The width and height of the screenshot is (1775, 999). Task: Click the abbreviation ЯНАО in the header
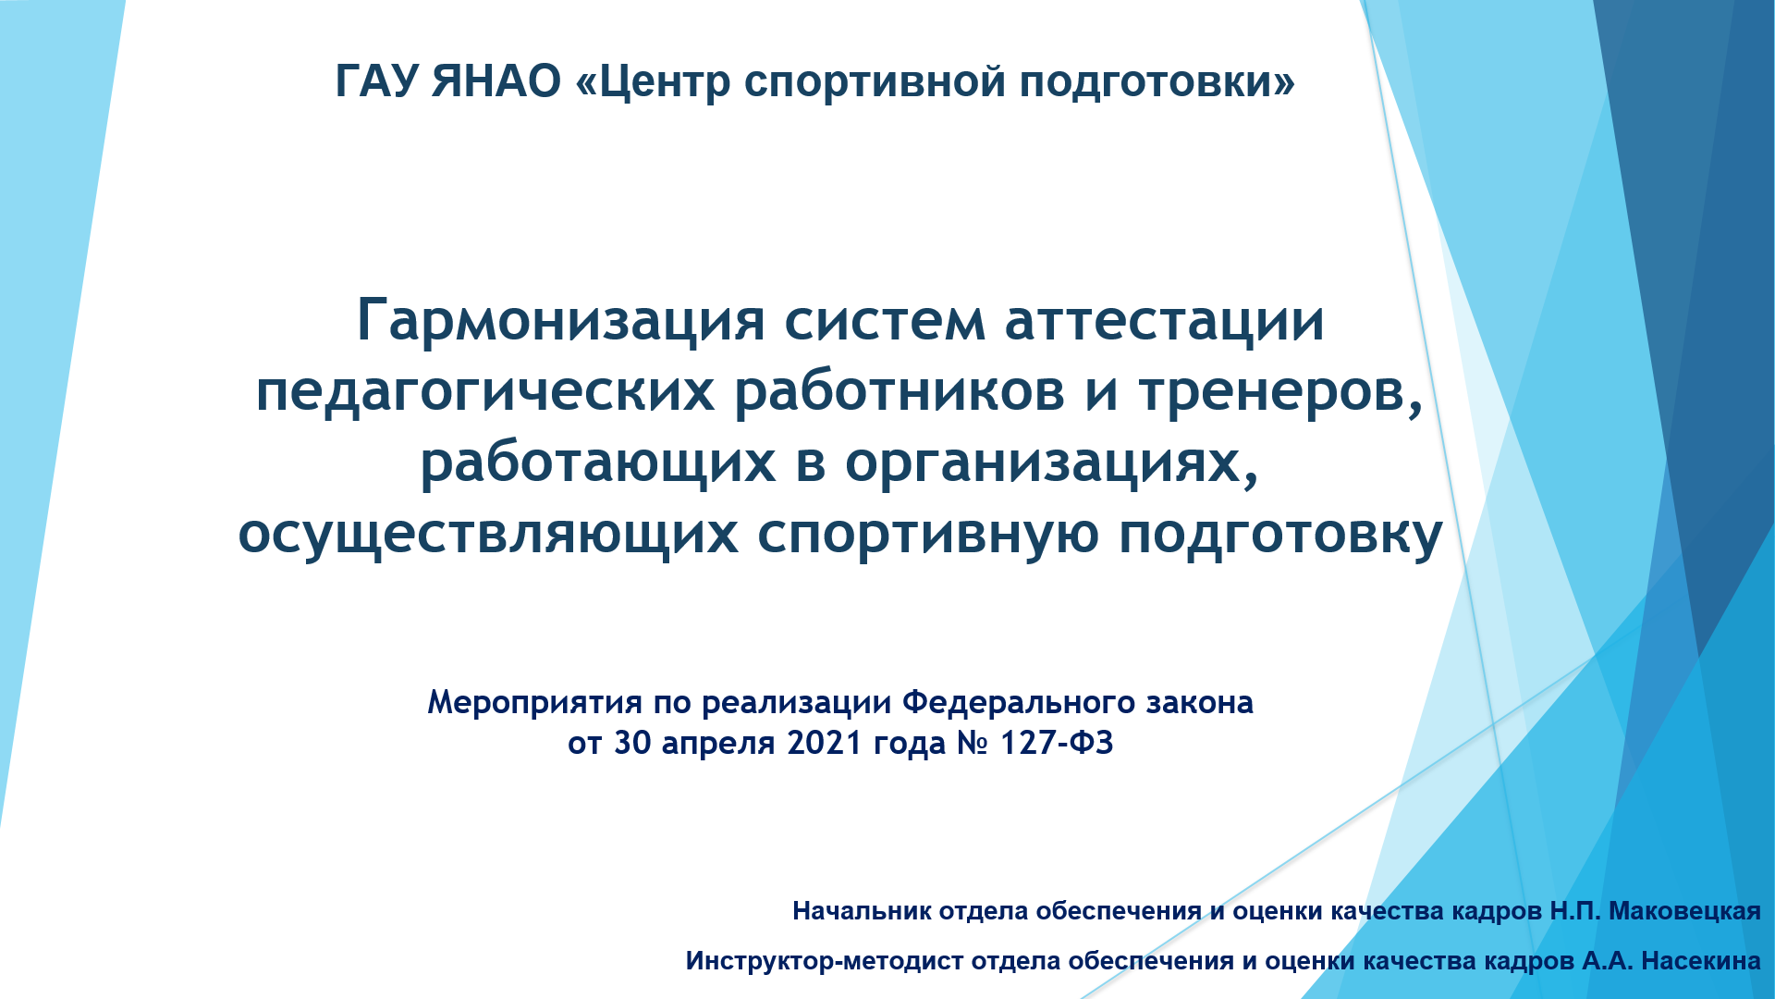[496, 80]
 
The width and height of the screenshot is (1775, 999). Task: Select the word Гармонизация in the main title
[561, 322]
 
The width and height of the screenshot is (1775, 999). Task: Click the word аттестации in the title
[1165, 322]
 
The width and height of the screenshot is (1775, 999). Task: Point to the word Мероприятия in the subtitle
[534, 703]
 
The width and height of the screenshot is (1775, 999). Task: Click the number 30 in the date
[633, 743]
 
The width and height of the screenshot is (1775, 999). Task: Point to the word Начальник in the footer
[862, 911]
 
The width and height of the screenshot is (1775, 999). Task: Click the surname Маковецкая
[1684, 911]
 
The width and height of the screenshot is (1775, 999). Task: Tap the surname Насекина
[1701, 961]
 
